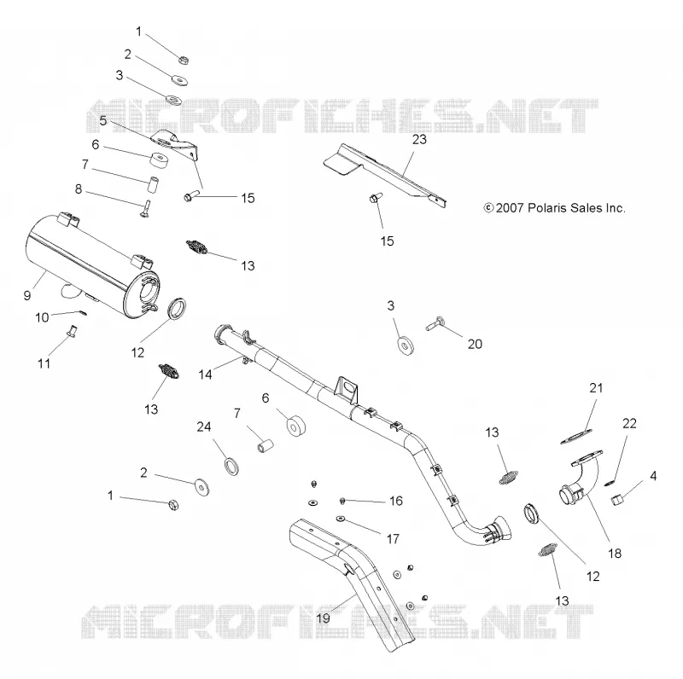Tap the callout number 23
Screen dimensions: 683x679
point(419,139)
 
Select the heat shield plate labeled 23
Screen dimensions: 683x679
point(382,175)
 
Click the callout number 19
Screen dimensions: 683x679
point(323,618)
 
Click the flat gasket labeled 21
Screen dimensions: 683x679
point(576,437)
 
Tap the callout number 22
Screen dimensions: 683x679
point(629,423)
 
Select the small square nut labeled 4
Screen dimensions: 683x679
point(618,501)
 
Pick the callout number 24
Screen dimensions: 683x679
point(204,427)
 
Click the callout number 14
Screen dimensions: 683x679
point(205,374)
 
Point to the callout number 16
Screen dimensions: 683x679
point(395,501)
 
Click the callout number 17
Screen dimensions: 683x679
point(393,539)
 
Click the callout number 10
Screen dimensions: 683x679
point(42,317)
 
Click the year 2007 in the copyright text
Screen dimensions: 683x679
point(509,208)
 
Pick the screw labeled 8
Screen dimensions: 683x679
point(145,208)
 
